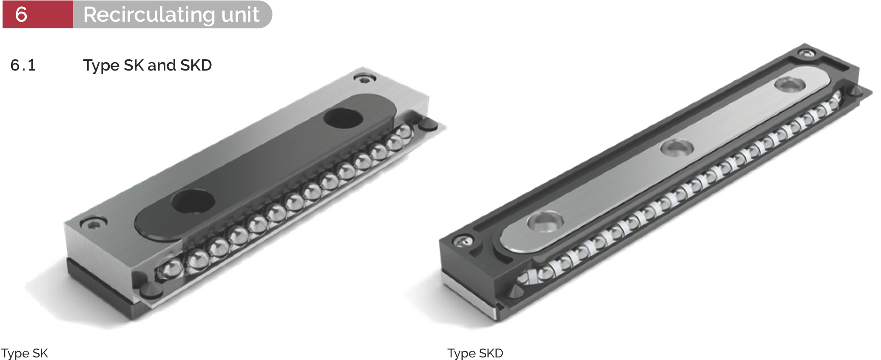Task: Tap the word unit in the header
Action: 240,15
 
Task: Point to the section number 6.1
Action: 23,65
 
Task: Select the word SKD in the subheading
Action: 196,65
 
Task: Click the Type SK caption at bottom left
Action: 24,353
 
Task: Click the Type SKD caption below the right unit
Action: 475,353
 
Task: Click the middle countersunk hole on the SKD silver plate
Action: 676,147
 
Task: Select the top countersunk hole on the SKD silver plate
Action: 790,84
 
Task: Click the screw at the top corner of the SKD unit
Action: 806,54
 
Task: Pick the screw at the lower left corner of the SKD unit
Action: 462,241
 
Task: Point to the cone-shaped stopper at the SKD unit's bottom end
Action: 515,291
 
